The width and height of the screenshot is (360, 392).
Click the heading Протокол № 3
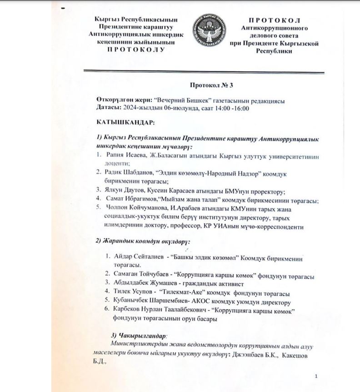[x=208, y=85]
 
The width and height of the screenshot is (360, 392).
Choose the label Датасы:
[x=109, y=108]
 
